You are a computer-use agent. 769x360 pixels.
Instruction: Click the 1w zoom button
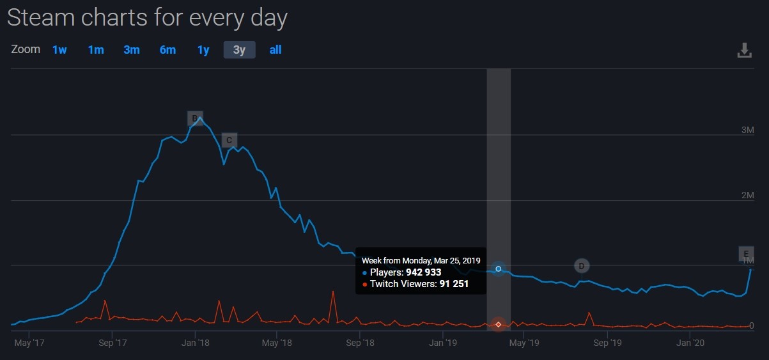pos(59,50)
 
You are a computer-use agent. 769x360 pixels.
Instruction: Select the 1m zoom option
pos(96,50)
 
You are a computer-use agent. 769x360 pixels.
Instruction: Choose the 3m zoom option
pos(132,50)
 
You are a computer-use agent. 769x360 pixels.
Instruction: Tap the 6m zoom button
pos(167,50)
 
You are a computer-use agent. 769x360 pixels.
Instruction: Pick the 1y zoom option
pos(203,50)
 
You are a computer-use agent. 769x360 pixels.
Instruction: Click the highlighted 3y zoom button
pos(239,50)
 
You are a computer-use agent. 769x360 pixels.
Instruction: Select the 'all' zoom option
pos(276,50)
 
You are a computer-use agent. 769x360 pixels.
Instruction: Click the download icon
pos(745,51)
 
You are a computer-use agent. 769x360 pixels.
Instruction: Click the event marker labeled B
pos(195,118)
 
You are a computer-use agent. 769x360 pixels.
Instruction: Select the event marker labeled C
pos(229,141)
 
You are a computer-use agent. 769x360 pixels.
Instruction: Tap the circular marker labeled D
pos(581,266)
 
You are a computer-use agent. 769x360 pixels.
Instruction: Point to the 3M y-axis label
pos(747,130)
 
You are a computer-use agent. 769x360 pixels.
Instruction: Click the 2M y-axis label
pos(747,195)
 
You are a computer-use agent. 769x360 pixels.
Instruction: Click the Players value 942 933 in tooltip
pos(423,272)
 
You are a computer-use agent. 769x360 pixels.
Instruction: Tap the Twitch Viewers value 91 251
pos(454,283)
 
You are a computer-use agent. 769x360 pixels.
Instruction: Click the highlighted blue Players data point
pos(499,269)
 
